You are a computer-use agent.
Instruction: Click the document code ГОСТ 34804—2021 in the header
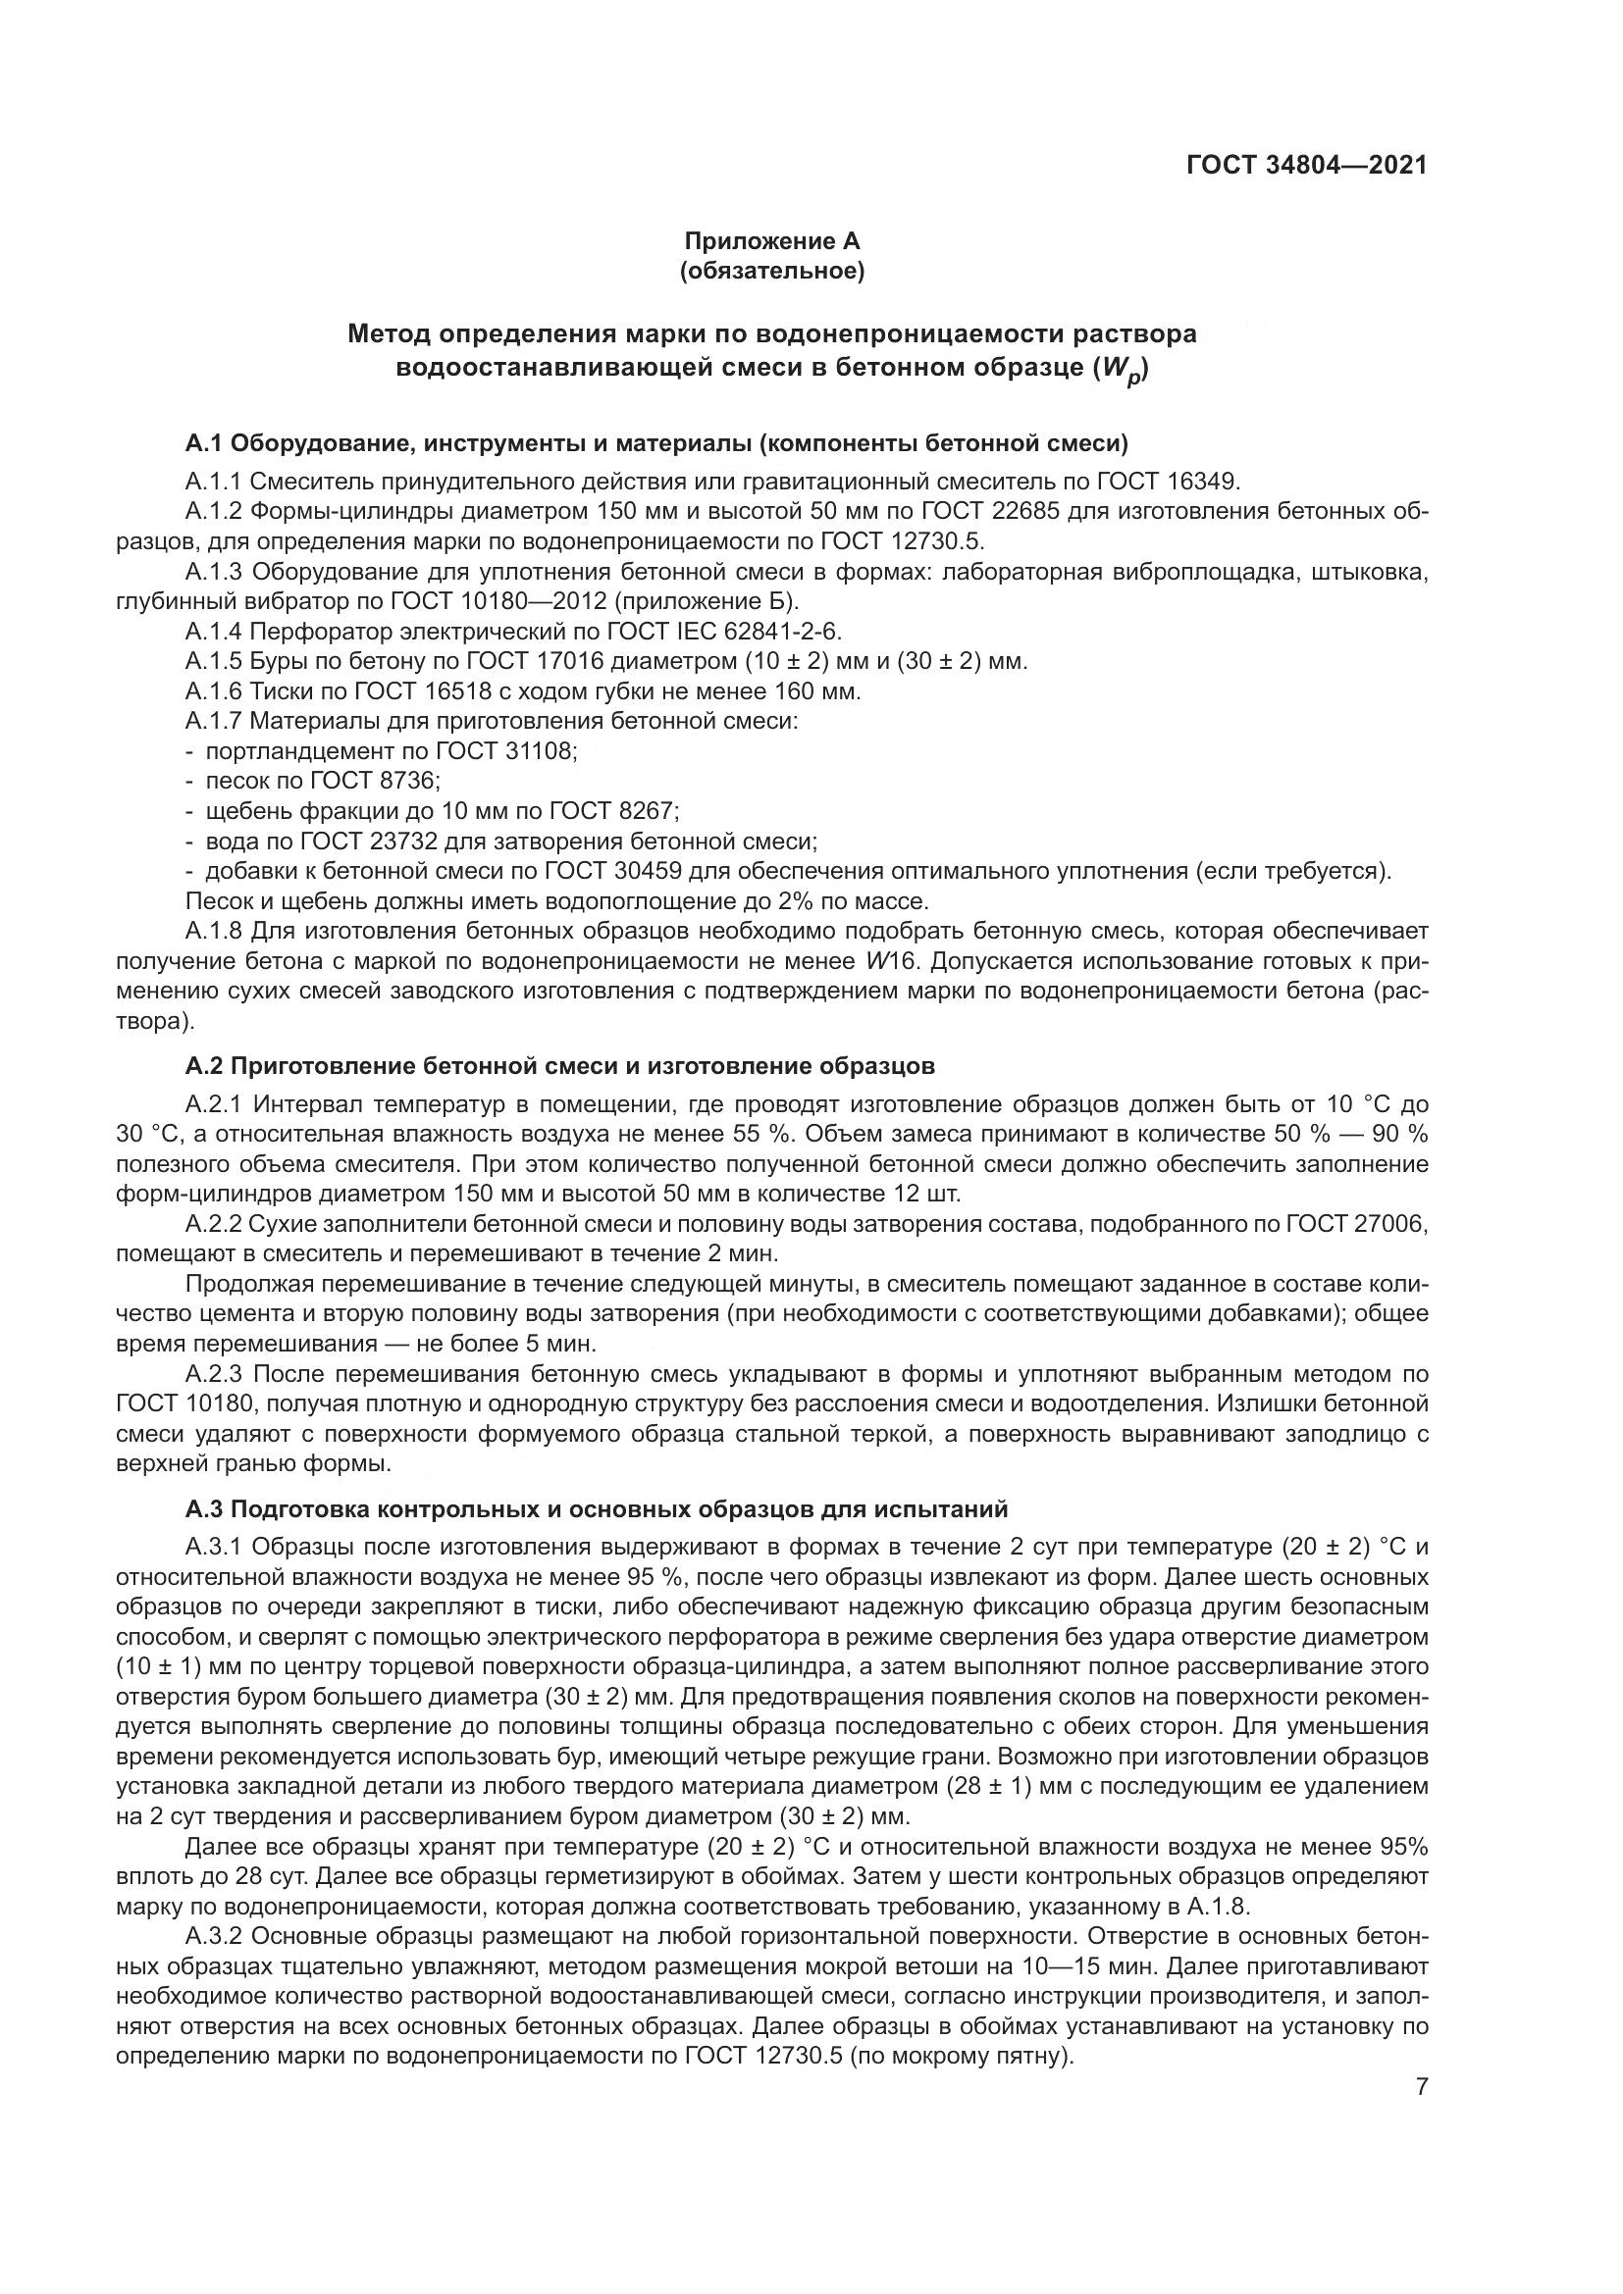coord(1306,165)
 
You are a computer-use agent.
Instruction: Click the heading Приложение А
coord(771,241)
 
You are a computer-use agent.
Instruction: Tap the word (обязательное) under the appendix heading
coord(771,271)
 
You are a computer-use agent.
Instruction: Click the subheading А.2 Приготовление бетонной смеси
coord(559,1067)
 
